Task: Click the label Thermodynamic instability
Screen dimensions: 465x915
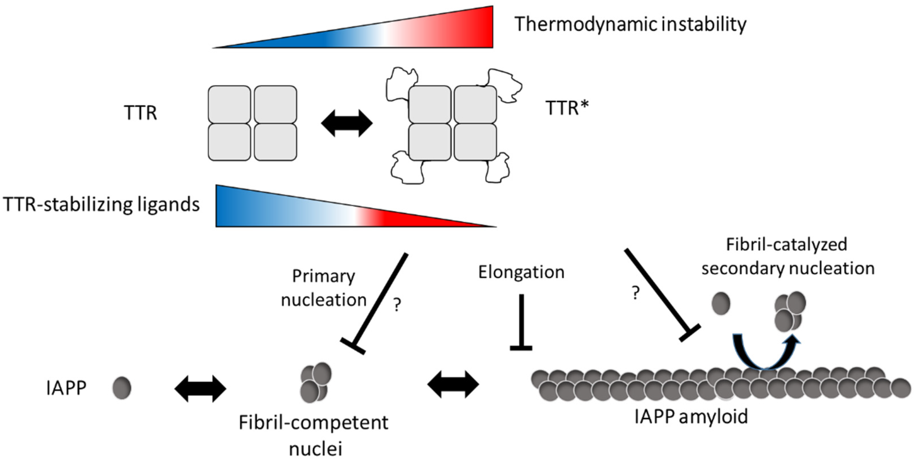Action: (630, 25)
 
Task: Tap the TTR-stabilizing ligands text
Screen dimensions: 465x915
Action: (101, 205)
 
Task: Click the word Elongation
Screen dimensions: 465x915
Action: (521, 273)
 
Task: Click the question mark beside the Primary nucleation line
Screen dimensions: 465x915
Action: (397, 304)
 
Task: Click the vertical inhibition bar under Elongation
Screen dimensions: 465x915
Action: (521, 321)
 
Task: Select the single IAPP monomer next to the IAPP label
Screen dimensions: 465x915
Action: (122, 388)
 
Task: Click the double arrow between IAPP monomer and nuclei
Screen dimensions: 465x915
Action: (200, 389)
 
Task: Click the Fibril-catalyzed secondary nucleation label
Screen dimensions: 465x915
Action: (787, 257)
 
